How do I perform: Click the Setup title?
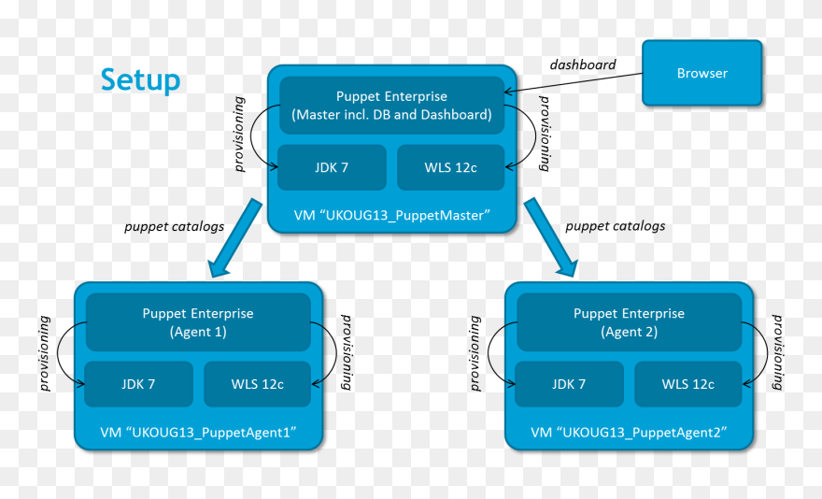pyautogui.click(x=140, y=80)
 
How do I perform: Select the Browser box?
pyautogui.click(x=702, y=73)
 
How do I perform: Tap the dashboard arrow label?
pyautogui.click(x=582, y=65)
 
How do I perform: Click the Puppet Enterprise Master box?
pyautogui.click(x=391, y=106)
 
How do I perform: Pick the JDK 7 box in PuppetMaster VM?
pyautogui.click(x=332, y=168)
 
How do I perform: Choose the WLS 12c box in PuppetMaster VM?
pyautogui.click(x=451, y=168)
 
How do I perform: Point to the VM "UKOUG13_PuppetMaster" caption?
pyautogui.click(x=392, y=215)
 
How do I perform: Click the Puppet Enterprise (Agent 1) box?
pyautogui.click(x=198, y=322)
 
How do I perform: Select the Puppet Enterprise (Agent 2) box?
pyautogui.click(x=629, y=322)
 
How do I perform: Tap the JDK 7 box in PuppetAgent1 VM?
pyautogui.click(x=138, y=384)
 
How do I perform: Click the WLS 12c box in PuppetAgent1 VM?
pyautogui.click(x=257, y=384)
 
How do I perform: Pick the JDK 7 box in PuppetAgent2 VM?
pyautogui.click(x=569, y=384)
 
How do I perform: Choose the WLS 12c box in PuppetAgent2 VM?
pyautogui.click(x=688, y=384)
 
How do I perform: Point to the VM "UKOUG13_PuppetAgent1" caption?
pyautogui.click(x=198, y=432)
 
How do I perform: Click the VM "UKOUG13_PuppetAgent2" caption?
pyautogui.click(x=629, y=432)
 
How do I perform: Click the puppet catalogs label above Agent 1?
pyautogui.click(x=175, y=226)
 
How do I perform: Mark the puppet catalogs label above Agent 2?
pyautogui.click(x=616, y=226)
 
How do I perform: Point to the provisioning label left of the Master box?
pyautogui.click(x=240, y=134)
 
